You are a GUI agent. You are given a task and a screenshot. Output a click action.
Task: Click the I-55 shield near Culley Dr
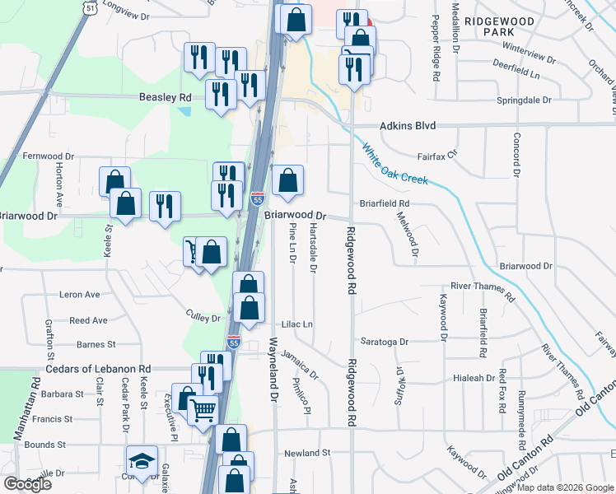(234, 340)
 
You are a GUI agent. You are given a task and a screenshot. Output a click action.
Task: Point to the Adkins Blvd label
(407, 127)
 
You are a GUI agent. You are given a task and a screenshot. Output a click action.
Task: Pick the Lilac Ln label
(297, 324)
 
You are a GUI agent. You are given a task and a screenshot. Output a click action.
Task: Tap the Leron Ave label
(79, 294)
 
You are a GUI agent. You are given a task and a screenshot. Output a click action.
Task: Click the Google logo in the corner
(27, 484)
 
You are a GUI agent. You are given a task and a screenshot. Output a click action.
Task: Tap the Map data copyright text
(565, 488)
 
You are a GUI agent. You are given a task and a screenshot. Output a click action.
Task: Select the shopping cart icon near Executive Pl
(203, 408)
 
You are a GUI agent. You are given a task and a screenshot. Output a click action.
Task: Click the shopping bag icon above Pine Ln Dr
(287, 180)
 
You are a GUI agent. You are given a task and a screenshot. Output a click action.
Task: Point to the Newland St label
(306, 453)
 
